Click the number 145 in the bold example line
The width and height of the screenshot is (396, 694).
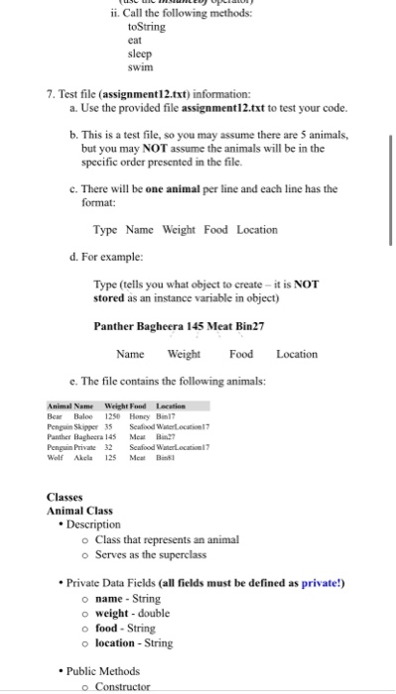pyautogui.click(x=213, y=325)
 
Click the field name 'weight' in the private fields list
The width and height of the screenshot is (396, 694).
pyautogui.click(x=114, y=616)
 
